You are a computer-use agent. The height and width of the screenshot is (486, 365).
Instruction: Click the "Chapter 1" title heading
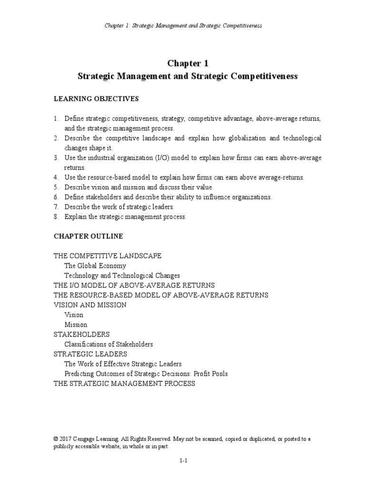(x=187, y=63)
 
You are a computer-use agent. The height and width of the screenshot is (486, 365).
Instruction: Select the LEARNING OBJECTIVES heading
(x=96, y=99)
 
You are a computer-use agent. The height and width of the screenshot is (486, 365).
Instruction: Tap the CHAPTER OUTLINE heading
(x=88, y=236)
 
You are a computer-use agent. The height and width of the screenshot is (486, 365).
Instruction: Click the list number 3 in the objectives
(x=56, y=158)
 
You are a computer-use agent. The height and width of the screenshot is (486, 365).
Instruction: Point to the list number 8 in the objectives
(x=56, y=217)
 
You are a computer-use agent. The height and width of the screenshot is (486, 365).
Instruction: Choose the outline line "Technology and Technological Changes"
(x=122, y=275)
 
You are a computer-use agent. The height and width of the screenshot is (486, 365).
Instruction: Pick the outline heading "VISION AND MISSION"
(x=90, y=305)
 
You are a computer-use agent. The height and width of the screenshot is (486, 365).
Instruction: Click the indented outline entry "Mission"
(x=76, y=325)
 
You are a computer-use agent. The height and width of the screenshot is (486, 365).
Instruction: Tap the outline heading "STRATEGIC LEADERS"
(x=90, y=354)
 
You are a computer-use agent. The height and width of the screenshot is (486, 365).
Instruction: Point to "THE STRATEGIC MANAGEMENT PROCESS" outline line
(x=125, y=383)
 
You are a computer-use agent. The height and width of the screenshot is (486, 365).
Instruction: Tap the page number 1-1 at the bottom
(x=183, y=460)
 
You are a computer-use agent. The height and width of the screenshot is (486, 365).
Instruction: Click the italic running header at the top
(x=183, y=25)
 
